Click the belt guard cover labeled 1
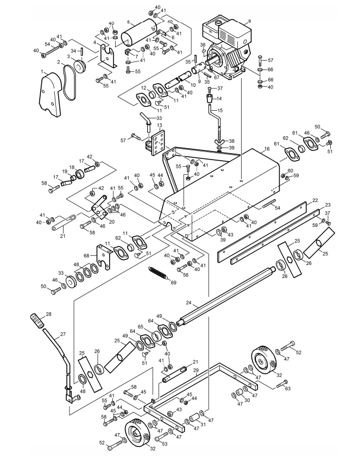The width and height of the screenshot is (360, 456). (50, 94)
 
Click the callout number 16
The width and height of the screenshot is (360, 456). (267, 149)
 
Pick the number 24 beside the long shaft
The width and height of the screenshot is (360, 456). (188, 303)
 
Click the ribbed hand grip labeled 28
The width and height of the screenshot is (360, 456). (38, 320)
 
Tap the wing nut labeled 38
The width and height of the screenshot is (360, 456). (220, 142)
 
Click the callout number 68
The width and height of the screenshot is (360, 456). (86, 256)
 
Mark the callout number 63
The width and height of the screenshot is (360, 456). (288, 388)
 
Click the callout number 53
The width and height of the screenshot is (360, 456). (165, 444)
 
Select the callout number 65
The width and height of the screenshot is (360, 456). (141, 327)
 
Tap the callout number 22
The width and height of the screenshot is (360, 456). (315, 200)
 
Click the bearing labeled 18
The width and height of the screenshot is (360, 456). (79, 174)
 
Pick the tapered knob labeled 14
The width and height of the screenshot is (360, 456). (210, 99)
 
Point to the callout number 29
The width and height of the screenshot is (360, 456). (195, 370)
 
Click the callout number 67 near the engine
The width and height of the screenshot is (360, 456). (217, 78)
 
